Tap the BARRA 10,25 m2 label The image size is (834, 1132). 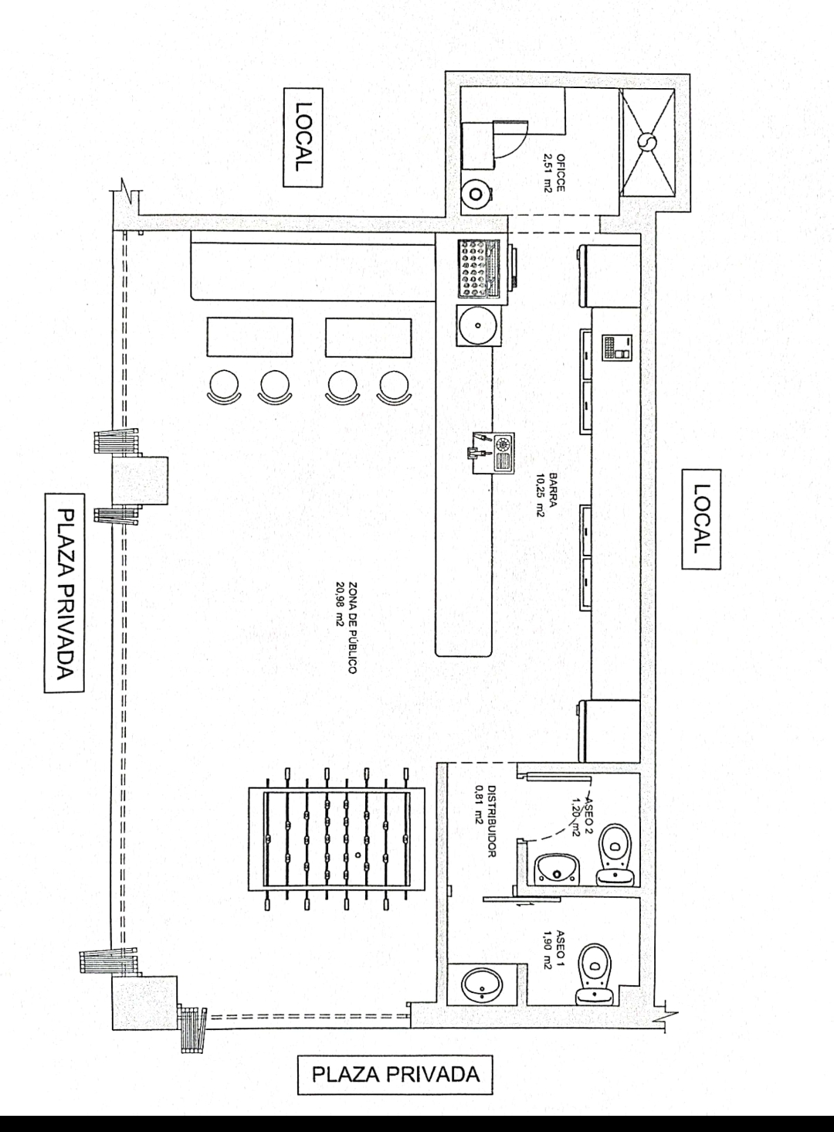[x=547, y=495]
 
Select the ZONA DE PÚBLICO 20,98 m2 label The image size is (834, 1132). [x=345, y=627]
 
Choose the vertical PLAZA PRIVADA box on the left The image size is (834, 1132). [x=65, y=593]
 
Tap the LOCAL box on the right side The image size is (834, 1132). [x=701, y=519]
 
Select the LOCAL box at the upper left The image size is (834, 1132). [x=303, y=138]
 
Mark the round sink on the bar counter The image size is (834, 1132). [x=478, y=325]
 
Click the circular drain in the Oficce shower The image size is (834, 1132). [x=647, y=141]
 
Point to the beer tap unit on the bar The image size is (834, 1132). [x=493, y=451]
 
